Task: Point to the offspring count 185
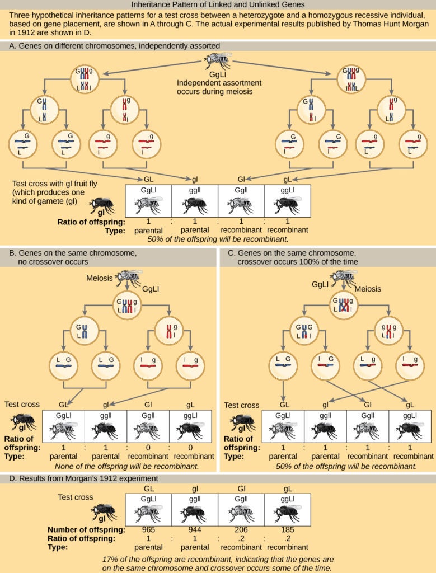(x=287, y=529)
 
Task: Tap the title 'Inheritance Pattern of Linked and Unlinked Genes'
(x=218, y=4)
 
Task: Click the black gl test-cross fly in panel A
(x=102, y=205)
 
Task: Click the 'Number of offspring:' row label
(x=85, y=529)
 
